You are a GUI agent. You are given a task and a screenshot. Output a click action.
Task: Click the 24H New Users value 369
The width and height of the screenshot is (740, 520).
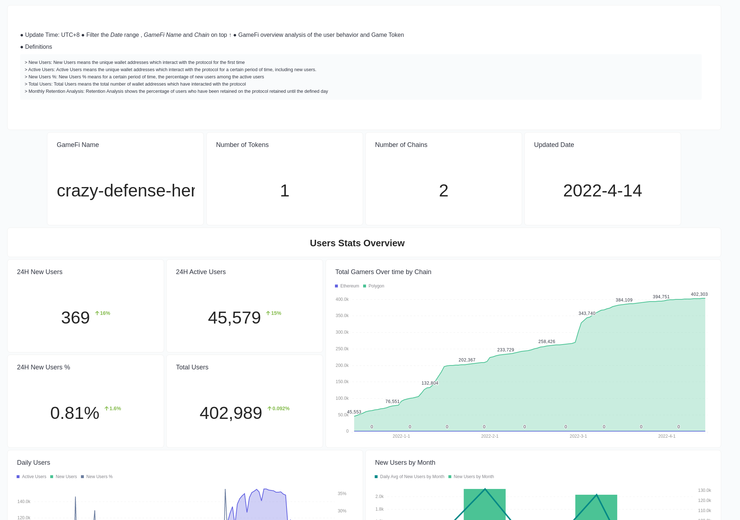tap(76, 318)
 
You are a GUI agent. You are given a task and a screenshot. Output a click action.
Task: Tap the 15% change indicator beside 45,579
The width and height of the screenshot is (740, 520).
tap(274, 313)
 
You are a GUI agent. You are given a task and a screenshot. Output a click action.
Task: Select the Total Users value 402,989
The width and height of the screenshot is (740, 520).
tap(231, 413)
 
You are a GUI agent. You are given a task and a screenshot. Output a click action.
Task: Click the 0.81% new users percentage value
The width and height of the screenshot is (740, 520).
tap(75, 413)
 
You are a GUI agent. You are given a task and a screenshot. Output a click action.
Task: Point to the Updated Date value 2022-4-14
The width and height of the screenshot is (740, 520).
tap(602, 191)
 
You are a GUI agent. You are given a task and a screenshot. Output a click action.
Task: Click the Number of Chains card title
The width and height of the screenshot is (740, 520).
tap(401, 145)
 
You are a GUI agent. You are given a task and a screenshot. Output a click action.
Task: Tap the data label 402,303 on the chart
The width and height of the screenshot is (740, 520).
tap(699, 294)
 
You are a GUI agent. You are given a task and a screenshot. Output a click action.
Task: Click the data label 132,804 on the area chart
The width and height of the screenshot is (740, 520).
tap(430, 383)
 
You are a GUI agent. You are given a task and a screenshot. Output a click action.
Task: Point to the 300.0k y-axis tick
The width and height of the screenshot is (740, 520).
tap(342, 332)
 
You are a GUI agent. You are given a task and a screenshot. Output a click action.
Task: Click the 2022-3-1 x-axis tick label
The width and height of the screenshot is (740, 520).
tap(578, 436)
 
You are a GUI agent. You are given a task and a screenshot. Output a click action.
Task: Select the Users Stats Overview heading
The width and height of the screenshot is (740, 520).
tap(357, 243)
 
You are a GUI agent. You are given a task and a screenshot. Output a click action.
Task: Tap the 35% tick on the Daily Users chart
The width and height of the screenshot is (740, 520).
tap(342, 494)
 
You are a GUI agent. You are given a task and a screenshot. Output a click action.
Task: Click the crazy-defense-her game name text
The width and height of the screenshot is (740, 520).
tap(125, 191)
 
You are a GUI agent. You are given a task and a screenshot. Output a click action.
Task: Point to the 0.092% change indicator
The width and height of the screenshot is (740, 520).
tap(279, 408)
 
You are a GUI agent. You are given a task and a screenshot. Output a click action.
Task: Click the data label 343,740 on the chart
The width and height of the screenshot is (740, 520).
tap(587, 313)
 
